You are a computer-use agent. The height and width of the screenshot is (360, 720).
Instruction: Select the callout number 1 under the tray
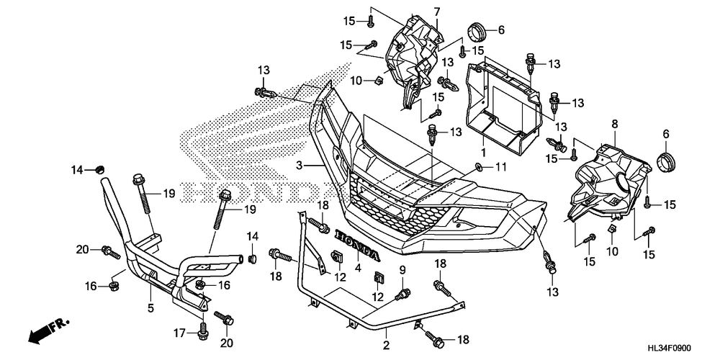483,150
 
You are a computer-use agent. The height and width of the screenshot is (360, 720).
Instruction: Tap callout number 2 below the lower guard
386,344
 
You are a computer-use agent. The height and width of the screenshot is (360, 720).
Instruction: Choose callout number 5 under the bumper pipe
150,307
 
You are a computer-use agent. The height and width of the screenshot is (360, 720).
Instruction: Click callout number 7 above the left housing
437,11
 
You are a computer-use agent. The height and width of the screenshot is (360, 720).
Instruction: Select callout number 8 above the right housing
614,123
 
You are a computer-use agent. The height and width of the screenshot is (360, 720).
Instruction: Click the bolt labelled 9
403,294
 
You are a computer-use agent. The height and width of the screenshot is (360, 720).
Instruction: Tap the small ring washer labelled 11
479,167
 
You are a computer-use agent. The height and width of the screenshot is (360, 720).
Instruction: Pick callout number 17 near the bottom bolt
179,332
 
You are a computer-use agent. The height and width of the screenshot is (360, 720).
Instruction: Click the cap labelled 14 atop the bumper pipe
98,171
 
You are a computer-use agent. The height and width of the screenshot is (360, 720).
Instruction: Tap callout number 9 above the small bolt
402,271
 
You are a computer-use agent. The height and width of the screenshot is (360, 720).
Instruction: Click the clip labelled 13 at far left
266,93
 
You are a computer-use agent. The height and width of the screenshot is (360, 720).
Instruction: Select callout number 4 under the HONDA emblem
358,266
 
